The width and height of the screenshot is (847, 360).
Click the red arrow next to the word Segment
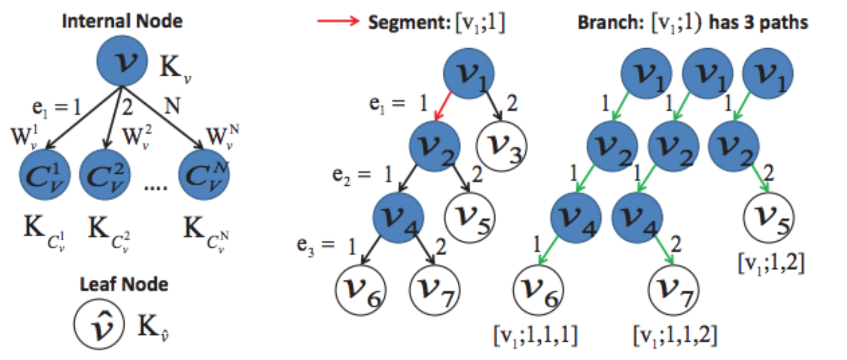pos(338,21)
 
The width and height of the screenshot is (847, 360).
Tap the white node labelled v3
pos(502,146)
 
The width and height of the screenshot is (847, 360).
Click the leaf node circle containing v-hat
pos(99,324)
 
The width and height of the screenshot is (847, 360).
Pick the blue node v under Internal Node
pos(122,61)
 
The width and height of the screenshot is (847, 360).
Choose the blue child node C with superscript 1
pos(44,175)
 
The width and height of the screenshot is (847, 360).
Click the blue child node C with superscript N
pos(204,175)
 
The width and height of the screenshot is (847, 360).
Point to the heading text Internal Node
pos(122,21)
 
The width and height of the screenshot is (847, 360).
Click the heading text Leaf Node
pos(124,284)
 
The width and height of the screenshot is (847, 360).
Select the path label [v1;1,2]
pos(771,263)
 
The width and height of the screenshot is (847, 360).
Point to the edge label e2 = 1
pos(362,175)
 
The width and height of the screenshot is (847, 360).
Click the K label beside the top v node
pos(175,68)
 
